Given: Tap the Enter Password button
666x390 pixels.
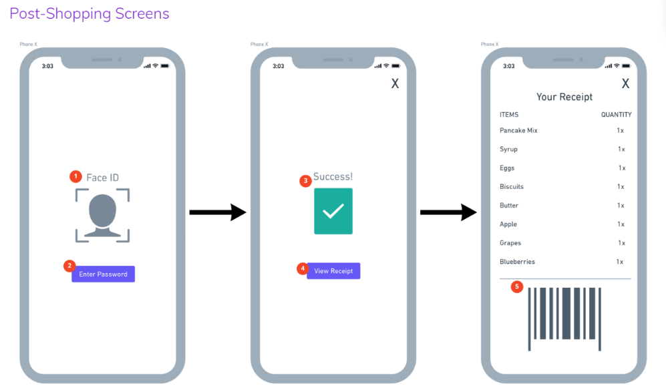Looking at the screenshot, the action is [x=103, y=274].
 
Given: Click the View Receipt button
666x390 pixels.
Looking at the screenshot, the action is [x=333, y=271].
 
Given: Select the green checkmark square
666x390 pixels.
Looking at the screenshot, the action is [x=333, y=211].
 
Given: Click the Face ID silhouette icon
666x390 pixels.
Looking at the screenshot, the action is [x=102, y=215].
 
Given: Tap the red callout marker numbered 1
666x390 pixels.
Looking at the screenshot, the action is [x=75, y=176].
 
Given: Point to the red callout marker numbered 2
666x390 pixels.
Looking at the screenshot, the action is [x=69, y=266].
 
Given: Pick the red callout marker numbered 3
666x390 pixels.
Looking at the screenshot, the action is [x=306, y=180].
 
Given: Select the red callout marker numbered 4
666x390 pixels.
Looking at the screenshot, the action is [x=303, y=268].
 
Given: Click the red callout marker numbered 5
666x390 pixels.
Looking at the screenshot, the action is [x=517, y=286].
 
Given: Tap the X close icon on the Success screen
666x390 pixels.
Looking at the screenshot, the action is [x=395, y=84].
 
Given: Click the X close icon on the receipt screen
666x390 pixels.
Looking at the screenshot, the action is [x=625, y=84].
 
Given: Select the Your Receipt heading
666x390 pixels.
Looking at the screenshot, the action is [x=564, y=97].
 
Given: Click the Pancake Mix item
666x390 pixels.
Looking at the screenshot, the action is [x=518, y=131].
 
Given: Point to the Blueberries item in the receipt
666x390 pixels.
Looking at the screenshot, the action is [x=517, y=262].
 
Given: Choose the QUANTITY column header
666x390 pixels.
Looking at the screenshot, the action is [x=616, y=115].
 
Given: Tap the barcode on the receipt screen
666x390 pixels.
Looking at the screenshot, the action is [x=564, y=317].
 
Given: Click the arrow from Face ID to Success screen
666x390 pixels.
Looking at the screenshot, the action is [x=218, y=213].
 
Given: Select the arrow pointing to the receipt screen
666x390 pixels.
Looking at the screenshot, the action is [x=448, y=213].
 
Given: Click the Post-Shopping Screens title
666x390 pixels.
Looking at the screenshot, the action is [x=90, y=14].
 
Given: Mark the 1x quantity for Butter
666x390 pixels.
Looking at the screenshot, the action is [x=621, y=206].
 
